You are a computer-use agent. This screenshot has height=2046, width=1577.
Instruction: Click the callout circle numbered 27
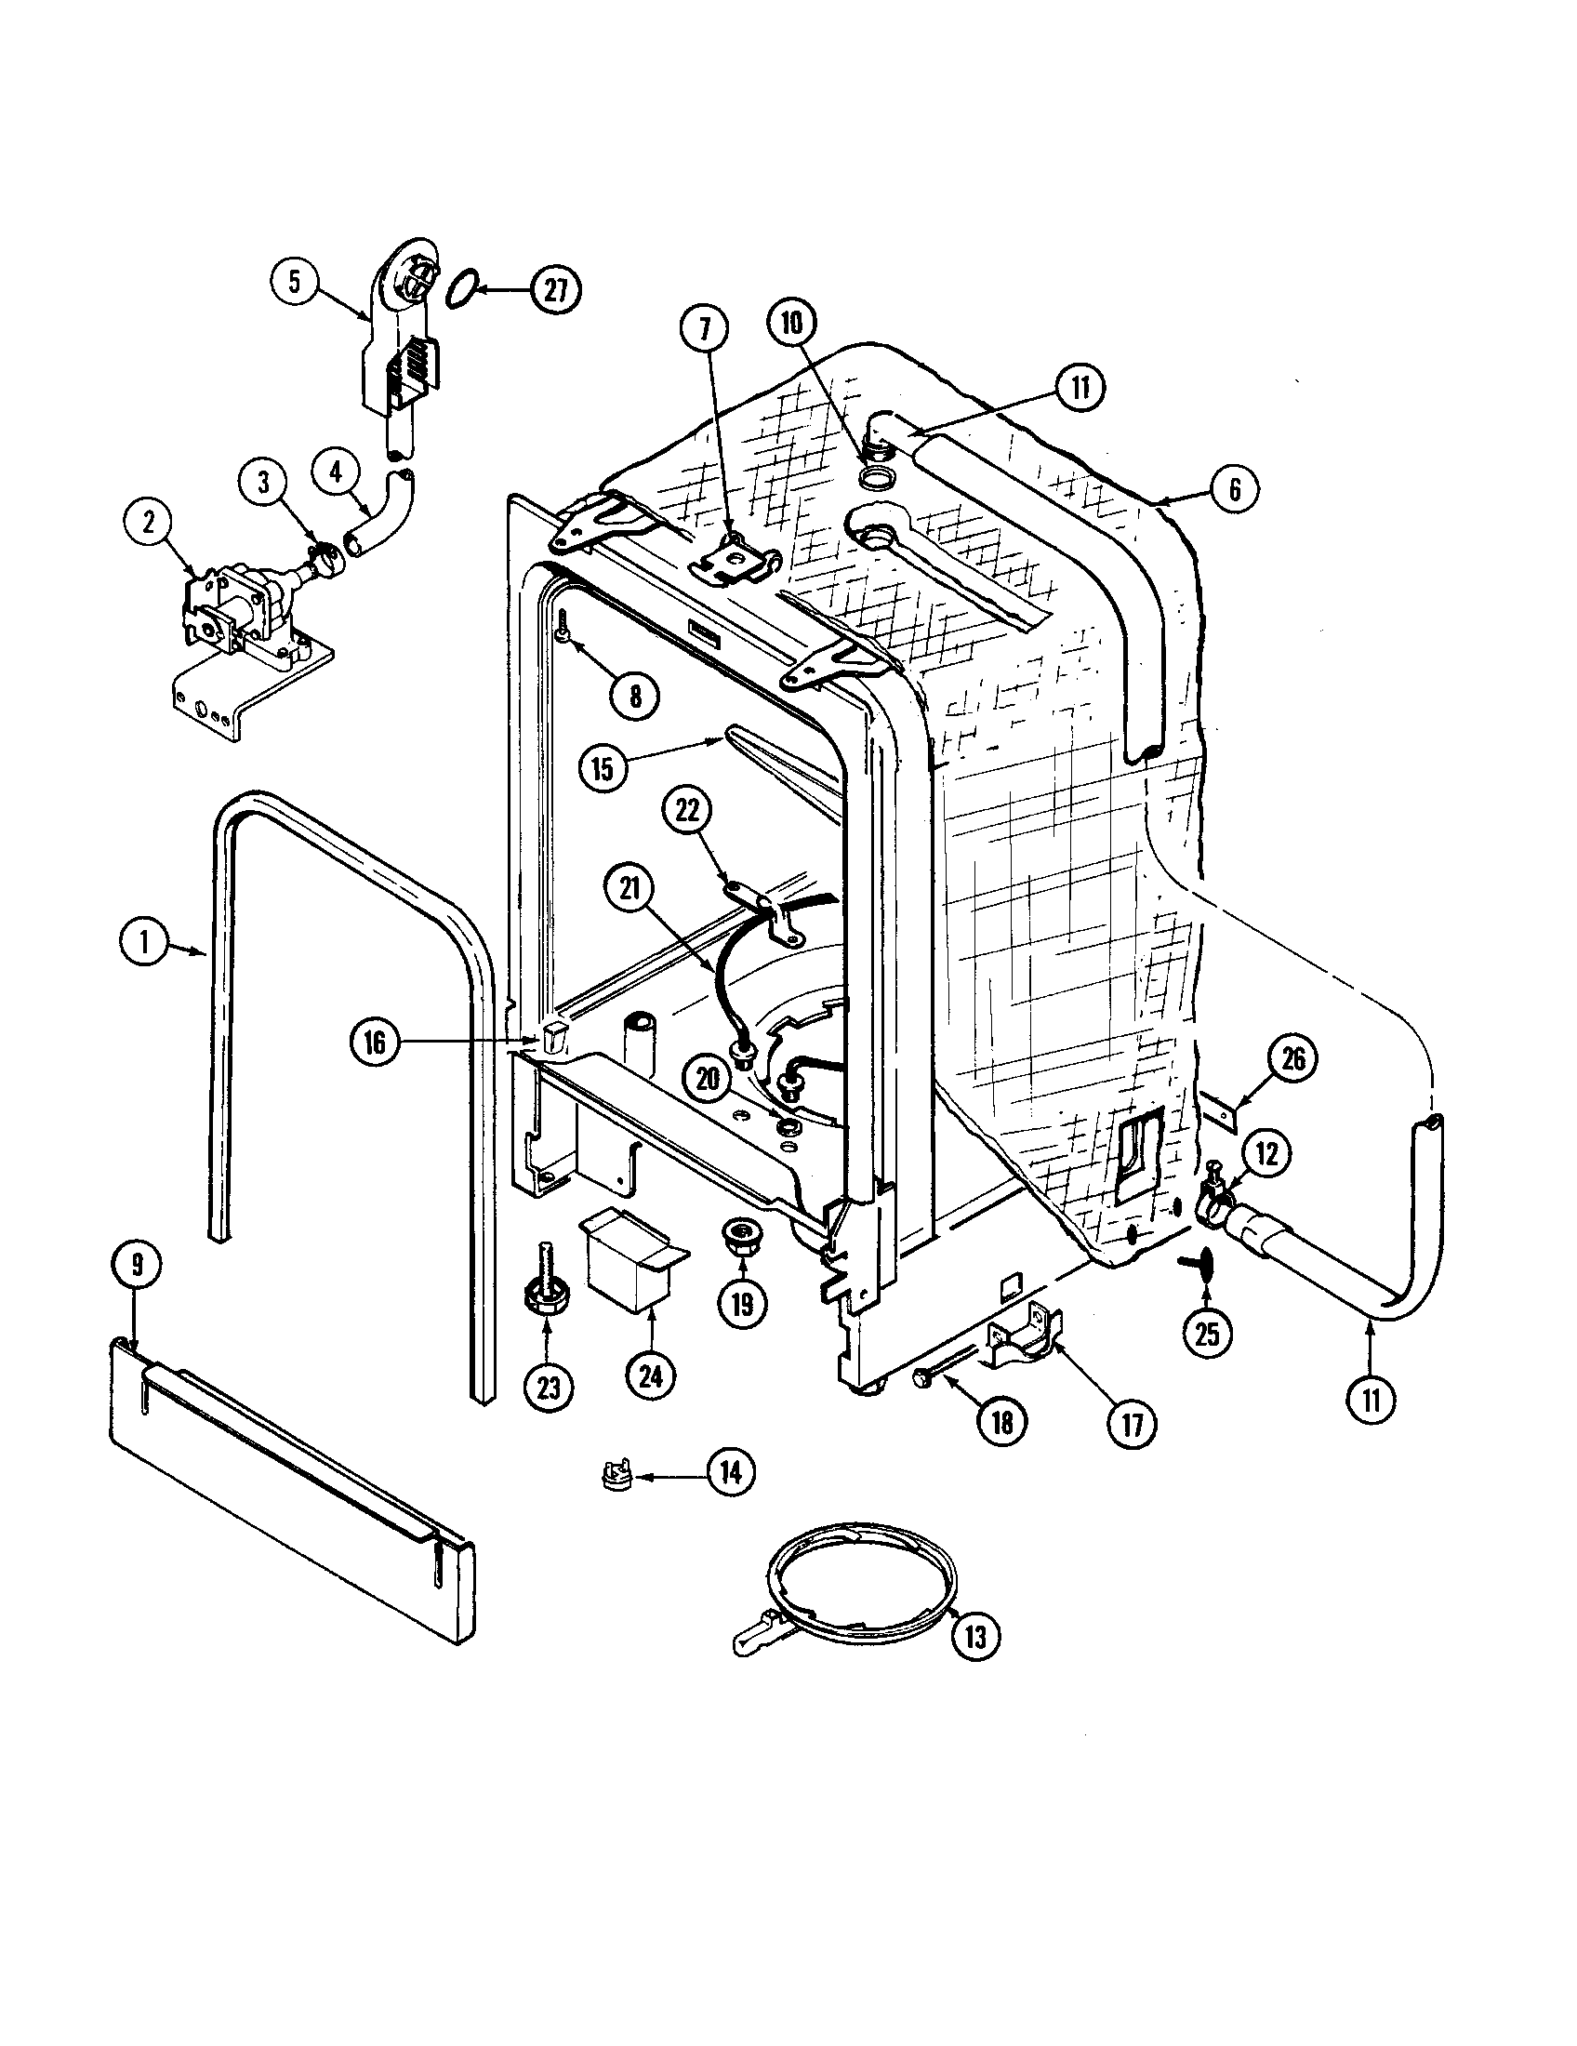[x=555, y=289]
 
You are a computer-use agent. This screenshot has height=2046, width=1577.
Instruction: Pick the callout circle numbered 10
[x=792, y=324]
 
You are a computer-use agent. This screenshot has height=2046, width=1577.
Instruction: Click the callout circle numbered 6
[x=1233, y=488]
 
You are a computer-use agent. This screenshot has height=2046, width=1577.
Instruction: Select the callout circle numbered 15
[x=603, y=767]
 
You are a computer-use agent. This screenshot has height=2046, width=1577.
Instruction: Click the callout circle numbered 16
[x=375, y=1043]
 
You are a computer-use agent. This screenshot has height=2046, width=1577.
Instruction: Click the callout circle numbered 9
[x=137, y=1266]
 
